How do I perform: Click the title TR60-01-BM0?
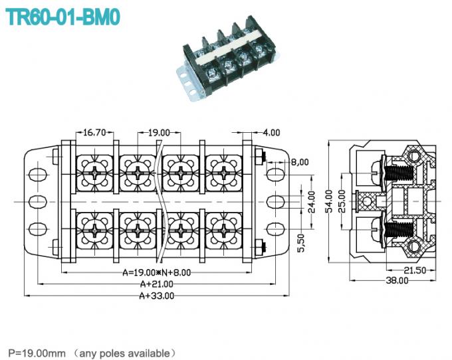[x=63, y=16]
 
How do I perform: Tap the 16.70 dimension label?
[x=95, y=132]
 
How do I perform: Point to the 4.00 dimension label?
[x=271, y=132]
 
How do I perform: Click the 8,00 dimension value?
[x=300, y=161]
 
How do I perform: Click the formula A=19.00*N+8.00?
[x=156, y=272]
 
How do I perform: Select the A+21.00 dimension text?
[x=156, y=284]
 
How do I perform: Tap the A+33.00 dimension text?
[x=156, y=296]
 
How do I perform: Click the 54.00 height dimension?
[x=328, y=200]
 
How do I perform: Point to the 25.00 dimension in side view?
[x=342, y=200]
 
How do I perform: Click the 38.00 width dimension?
[x=397, y=281]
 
